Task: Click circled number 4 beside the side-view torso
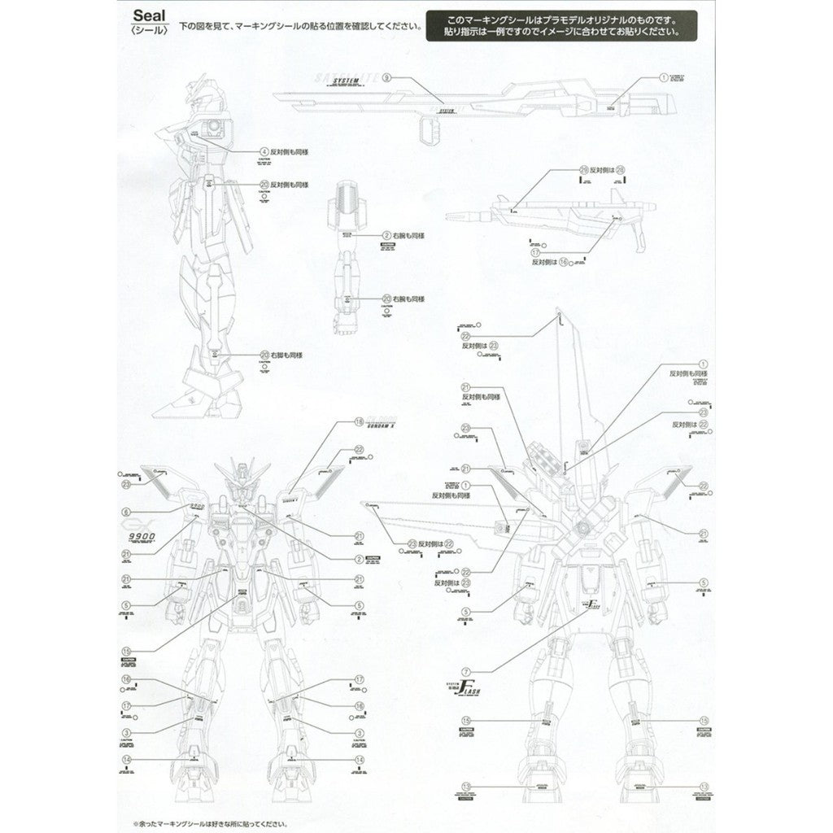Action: (x=264, y=152)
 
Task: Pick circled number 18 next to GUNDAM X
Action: (x=359, y=421)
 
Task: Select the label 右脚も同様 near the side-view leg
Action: (x=288, y=355)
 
